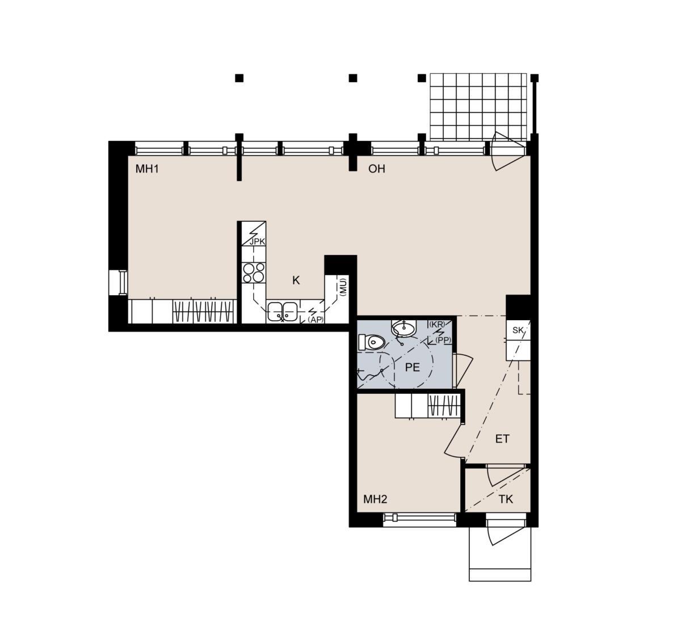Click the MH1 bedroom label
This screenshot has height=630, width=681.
click(147, 169)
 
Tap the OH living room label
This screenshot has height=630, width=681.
click(376, 169)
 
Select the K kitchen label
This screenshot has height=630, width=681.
click(296, 280)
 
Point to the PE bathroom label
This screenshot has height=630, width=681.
click(412, 367)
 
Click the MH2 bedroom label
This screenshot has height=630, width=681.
click(375, 499)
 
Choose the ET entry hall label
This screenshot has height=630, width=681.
click(502, 439)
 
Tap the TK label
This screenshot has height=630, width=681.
click(506, 499)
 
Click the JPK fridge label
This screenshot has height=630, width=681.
click(257, 241)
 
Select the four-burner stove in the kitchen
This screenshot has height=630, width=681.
click(254, 272)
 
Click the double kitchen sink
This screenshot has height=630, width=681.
click(282, 312)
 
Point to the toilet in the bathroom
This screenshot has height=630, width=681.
click(371, 342)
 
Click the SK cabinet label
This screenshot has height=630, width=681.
click(518, 330)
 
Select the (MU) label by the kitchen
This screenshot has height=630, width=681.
click(343, 287)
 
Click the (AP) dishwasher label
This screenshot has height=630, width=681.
click(316, 320)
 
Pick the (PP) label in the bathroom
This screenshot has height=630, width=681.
click(443, 340)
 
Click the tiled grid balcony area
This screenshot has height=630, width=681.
click(478, 107)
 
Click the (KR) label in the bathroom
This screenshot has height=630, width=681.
click(437, 324)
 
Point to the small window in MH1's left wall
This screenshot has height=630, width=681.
click(118, 282)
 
